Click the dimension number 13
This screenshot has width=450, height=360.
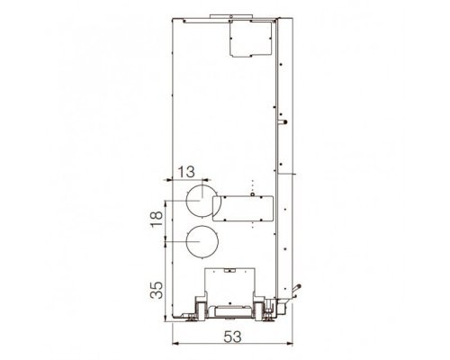[x=186, y=172]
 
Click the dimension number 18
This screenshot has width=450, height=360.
[x=157, y=219]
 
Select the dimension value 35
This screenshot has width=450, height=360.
[x=157, y=290]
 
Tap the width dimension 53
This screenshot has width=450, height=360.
[x=232, y=337]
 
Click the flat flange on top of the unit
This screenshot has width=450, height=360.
[x=231, y=16]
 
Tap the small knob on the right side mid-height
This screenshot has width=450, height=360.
[x=283, y=122]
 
